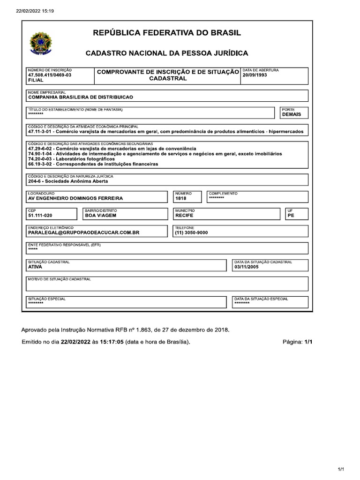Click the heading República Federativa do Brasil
pos(167,33)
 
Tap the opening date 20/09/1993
pos(255,75)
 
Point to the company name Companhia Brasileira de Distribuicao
pos(81,97)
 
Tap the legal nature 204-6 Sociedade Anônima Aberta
pos(68,181)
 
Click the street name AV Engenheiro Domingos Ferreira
pos(75,198)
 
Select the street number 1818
pos(180,198)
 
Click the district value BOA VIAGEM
pos(100,216)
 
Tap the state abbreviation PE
pos(291,216)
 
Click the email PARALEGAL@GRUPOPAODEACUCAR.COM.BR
pos(84,232)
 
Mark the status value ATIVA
pos(35,267)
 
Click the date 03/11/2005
pos(246,267)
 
